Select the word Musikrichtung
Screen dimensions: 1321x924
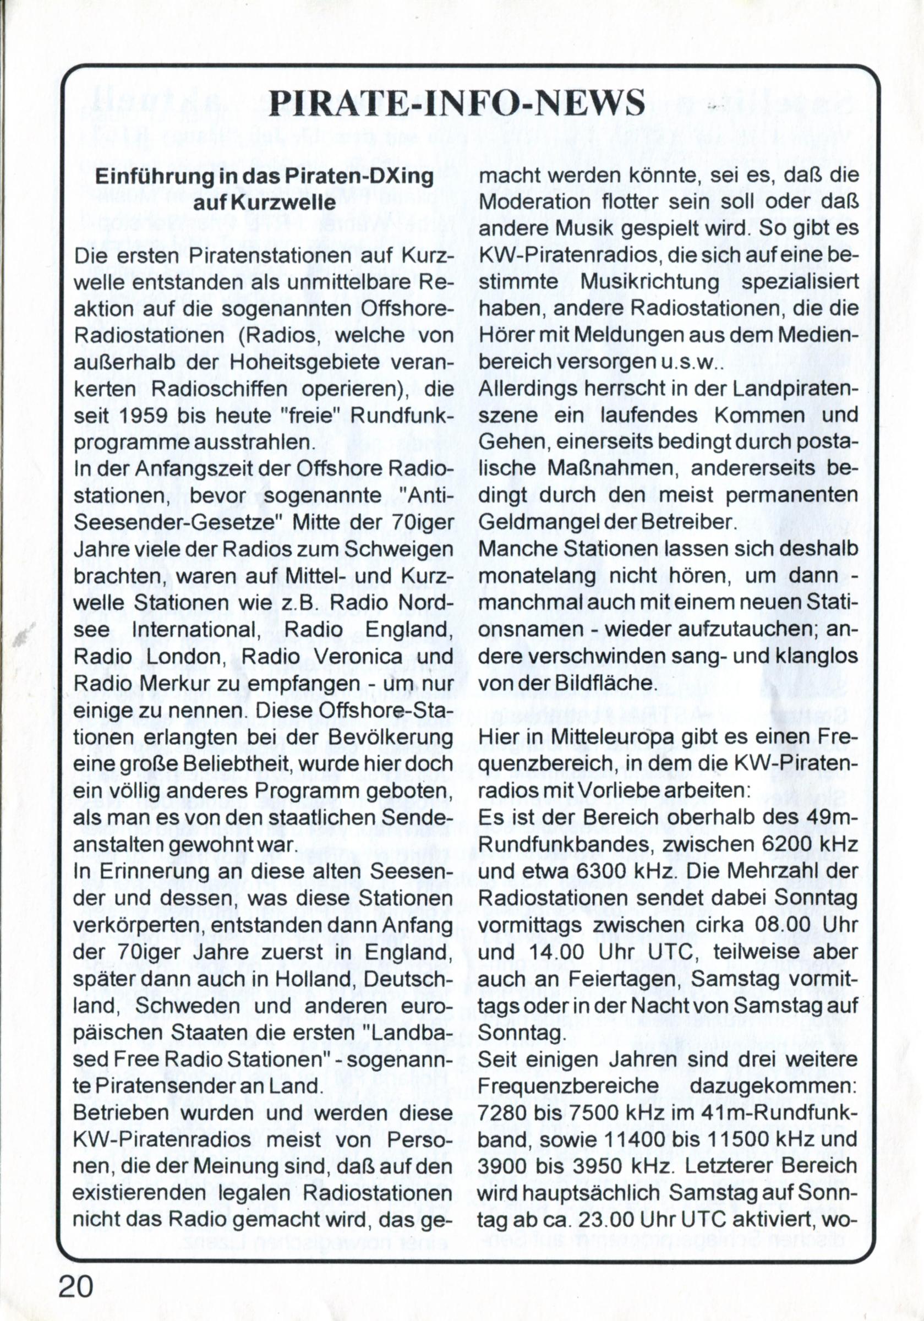(650, 282)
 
